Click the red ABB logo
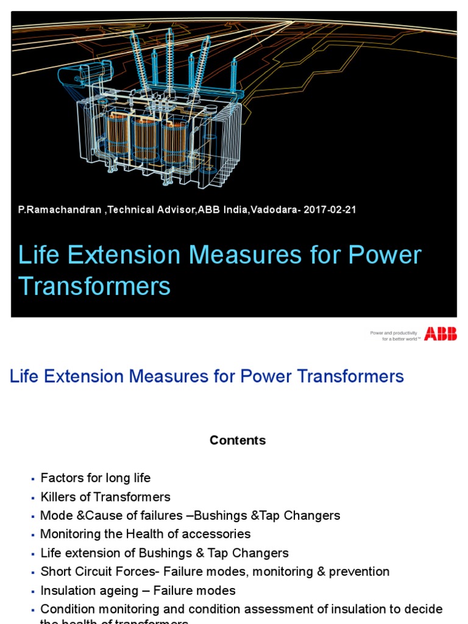pyautogui.click(x=440, y=333)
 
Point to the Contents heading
pyautogui.click(x=238, y=440)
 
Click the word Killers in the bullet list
pyautogui.click(x=56, y=497)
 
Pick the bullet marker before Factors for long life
pyautogui.click(x=34, y=478)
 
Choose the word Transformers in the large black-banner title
pyautogui.click(x=94, y=286)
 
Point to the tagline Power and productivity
pyautogui.click(x=393, y=333)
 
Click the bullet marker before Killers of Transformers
pyautogui.click(x=34, y=497)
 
